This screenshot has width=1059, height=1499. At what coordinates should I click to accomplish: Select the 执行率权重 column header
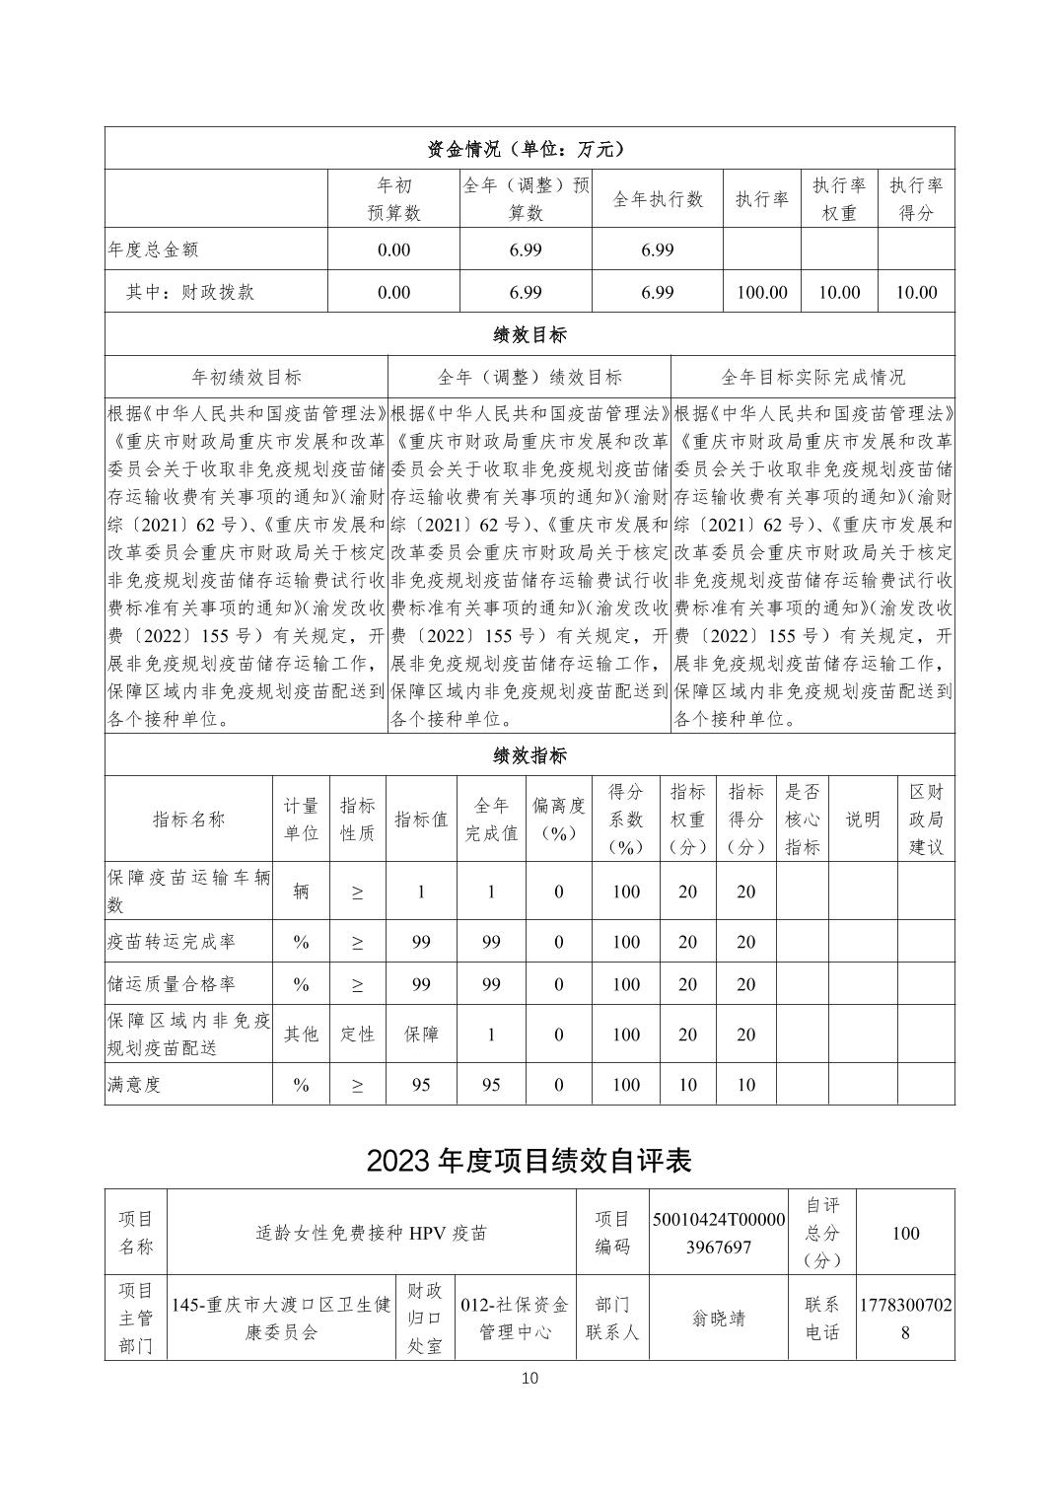pyautogui.click(x=838, y=199)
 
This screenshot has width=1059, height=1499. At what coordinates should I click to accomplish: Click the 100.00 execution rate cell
pyautogui.click(x=761, y=292)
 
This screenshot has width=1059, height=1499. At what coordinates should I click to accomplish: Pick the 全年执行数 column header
pyautogui.click(x=657, y=199)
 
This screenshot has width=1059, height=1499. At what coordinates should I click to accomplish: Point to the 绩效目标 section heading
pyautogui.click(x=529, y=334)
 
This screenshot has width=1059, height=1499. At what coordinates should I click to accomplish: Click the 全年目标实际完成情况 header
pyautogui.click(x=812, y=377)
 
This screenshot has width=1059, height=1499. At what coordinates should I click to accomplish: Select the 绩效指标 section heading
pyautogui.click(x=529, y=756)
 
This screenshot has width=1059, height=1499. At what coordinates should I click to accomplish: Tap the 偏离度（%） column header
pyautogui.click(x=558, y=820)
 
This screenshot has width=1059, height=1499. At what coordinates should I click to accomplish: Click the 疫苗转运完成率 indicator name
pyautogui.click(x=172, y=942)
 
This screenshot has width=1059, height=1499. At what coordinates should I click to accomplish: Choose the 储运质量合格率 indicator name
pyautogui.click(x=172, y=984)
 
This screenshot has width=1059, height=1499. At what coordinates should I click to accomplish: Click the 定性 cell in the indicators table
pyautogui.click(x=357, y=1034)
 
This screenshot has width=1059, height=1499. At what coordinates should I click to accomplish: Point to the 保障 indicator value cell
pyautogui.click(x=421, y=1034)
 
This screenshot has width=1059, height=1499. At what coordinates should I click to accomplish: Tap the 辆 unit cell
pyautogui.click(x=301, y=892)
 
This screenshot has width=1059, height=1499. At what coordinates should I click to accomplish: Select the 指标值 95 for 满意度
pyautogui.click(x=421, y=1085)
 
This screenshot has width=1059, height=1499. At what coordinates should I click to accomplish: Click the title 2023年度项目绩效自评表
pyautogui.click(x=529, y=1161)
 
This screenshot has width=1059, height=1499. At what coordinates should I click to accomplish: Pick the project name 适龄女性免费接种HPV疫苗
pyautogui.click(x=371, y=1233)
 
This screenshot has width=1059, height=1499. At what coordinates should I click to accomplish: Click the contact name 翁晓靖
pyautogui.click(x=719, y=1319)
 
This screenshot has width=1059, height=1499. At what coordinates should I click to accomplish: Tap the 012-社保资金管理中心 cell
pyautogui.click(x=514, y=1319)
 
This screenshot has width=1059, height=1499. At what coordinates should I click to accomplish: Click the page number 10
pyautogui.click(x=529, y=1378)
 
